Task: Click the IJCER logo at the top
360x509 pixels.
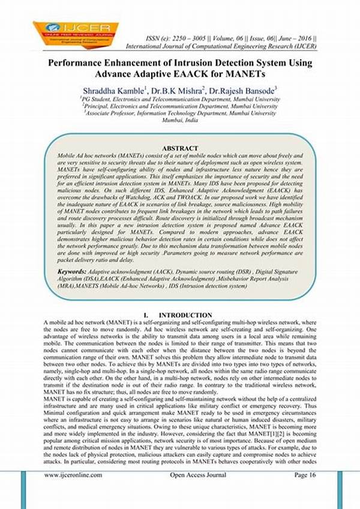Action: tap(71, 35)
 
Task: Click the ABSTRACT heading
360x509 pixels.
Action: tap(180, 148)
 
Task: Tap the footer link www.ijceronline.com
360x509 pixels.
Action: tap(73, 475)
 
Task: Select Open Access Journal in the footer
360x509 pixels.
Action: tap(195, 475)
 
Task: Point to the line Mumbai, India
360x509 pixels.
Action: tap(179, 119)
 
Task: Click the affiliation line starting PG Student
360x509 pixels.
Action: tap(179, 98)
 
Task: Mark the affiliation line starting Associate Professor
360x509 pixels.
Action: tap(179, 112)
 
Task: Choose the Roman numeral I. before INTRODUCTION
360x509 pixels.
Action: tap(146, 315)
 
